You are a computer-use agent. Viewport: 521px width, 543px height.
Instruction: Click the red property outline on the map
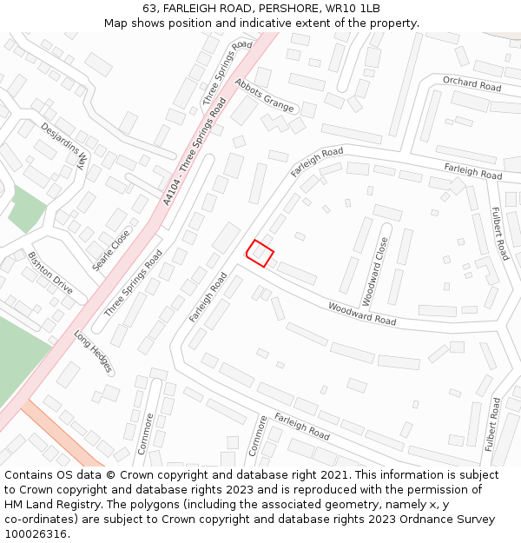tap(260, 253)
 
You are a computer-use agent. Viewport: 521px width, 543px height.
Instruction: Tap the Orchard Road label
tap(472, 84)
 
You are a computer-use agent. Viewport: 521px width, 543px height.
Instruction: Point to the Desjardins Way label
tap(64, 144)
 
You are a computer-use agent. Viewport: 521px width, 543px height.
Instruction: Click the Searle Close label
tap(111, 248)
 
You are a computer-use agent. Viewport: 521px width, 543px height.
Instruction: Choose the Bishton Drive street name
tap(50, 272)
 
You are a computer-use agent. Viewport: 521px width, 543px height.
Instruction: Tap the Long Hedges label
tap(93, 351)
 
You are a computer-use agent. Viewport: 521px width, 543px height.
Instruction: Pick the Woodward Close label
tap(374, 272)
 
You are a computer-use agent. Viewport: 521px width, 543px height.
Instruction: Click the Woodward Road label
tap(361, 314)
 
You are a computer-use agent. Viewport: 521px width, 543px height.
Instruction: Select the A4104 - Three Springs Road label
tap(195, 151)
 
